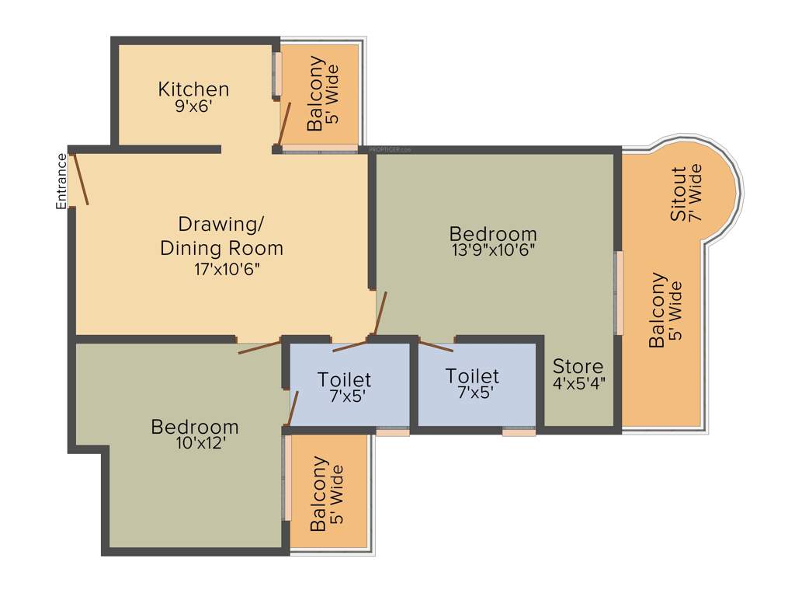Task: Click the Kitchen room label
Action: click(193, 89)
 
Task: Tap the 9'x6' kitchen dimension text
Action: click(193, 106)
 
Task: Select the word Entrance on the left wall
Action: click(61, 181)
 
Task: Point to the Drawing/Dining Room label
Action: click(221, 236)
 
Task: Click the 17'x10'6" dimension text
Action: click(226, 270)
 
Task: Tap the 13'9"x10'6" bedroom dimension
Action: click(493, 250)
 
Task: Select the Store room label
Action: click(578, 366)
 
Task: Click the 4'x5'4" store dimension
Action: click(578, 382)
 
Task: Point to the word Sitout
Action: click(679, 194)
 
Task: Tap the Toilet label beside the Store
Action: click(472, 376)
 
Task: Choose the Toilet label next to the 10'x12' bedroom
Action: click(344, 380)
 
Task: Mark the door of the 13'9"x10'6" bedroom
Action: click(380, 311)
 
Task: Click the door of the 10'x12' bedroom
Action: click(259, 347)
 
